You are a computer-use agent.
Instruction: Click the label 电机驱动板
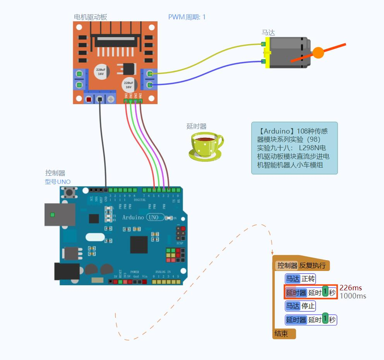[x=91, y=17]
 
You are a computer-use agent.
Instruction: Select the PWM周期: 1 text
[x=187, y=17]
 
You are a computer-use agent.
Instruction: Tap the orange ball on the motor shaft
[x=318, y=53]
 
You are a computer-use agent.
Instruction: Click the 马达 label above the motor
[x=268, y=33]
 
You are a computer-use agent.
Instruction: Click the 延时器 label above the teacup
[x=196, y=126]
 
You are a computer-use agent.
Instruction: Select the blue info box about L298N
[x=294, y=148]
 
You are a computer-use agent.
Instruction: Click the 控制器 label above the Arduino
[x=55, y=173]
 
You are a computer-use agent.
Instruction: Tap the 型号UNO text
[x=58, y=182]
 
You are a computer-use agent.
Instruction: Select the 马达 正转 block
[x=300, y=279]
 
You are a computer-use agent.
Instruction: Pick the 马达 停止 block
[x=300, y=306]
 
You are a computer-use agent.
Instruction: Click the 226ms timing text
[x=351, y=288]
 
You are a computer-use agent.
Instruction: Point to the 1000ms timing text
[x=353, y=296]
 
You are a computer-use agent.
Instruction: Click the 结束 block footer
[x=283, y=334]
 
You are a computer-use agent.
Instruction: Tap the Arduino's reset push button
[x=69, y=192]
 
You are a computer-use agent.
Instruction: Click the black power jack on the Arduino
[x=67, y=271]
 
